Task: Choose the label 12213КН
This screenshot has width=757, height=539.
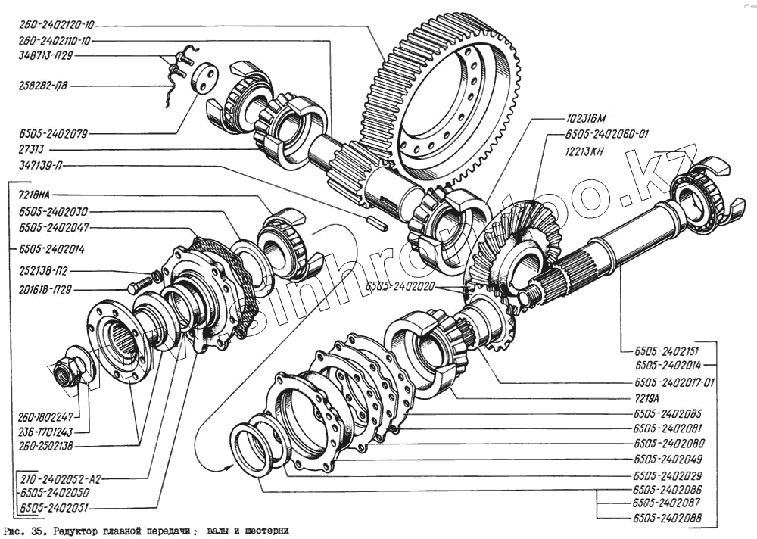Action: (585, 150)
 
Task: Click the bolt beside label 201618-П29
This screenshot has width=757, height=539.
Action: (142, 286)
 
